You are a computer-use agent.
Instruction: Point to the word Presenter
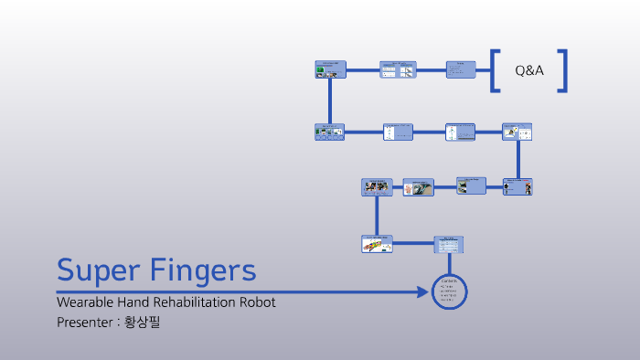pos(85,322)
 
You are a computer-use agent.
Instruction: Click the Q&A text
pos(529,70)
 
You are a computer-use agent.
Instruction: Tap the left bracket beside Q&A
pos(495,70)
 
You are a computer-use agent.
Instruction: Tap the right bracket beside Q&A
pos(563,70)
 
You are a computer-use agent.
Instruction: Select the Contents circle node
pos(449,291)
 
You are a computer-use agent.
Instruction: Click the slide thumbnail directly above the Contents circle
pos(449,244)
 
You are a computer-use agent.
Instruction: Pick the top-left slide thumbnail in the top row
pos(329,70)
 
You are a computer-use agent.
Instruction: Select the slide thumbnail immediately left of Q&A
pos(461,70)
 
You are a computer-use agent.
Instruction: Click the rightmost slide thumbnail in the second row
pos(517,132)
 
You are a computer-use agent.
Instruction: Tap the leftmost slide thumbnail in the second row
pos(329,132)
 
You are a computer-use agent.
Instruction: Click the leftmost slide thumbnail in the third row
pos(376,186)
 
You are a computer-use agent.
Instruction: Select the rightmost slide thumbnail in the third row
pos(517,186)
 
